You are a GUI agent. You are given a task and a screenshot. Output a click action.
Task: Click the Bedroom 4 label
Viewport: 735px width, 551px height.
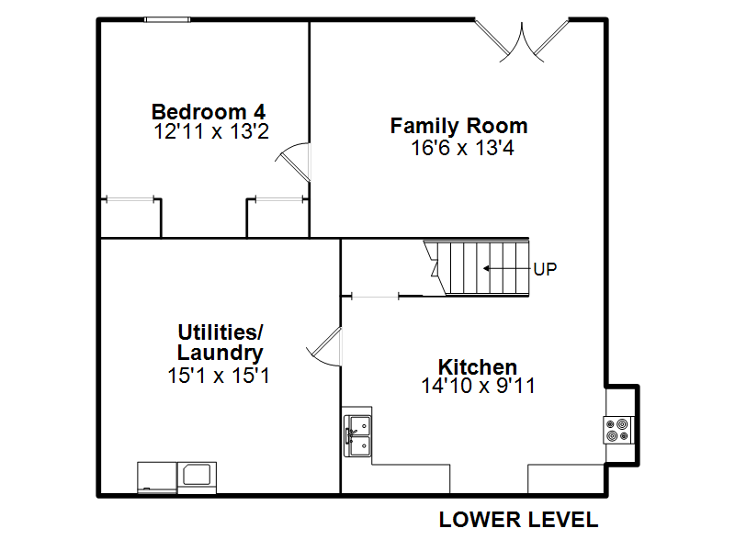[x=209, y=112]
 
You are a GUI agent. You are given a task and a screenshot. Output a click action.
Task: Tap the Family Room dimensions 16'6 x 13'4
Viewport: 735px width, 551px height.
[x=462, y=148]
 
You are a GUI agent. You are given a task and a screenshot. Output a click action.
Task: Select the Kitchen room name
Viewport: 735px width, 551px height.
[x=477, y=366]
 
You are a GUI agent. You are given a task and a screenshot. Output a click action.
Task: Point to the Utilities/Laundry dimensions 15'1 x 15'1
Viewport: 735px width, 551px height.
[x=219, y=376]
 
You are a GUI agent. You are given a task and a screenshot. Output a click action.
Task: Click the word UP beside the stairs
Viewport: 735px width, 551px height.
[x=545, y=269]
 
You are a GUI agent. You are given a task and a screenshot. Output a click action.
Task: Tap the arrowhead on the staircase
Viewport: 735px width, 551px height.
[x=486, y=268]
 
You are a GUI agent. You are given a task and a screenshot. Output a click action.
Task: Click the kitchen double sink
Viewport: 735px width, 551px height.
[x=357, y=435]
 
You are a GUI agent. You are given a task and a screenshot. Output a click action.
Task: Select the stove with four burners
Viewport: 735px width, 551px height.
[x=618, y=430]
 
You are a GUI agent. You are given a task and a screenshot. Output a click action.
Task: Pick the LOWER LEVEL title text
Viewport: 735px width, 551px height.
[x=518, y=520]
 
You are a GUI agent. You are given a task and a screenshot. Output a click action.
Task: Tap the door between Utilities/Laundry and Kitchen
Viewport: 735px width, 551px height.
[x=325, y=346]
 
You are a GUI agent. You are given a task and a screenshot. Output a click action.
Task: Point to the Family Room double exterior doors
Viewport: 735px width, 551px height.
[x=522, y=41]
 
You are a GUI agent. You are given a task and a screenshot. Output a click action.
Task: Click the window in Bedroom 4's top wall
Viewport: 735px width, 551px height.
[x=167, y=19]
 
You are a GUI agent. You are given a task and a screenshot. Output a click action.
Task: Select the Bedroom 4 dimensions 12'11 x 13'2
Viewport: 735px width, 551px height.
[x=211, y=131]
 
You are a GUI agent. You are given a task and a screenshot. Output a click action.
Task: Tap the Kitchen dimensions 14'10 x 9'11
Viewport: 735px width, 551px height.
[x=478, y=386]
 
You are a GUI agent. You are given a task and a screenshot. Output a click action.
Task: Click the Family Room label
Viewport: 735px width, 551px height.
[x=458, y=126]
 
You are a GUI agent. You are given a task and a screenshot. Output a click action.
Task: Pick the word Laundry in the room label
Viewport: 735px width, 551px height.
[x=220, y=353]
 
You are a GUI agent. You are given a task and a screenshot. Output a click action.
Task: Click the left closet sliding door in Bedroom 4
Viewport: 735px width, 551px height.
[x=130, y=199]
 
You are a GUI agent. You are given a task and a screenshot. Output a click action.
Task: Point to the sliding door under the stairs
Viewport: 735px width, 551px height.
[x=375, y=296]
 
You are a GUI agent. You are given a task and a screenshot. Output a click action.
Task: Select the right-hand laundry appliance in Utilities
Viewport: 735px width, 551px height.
[x=197, y=478]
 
